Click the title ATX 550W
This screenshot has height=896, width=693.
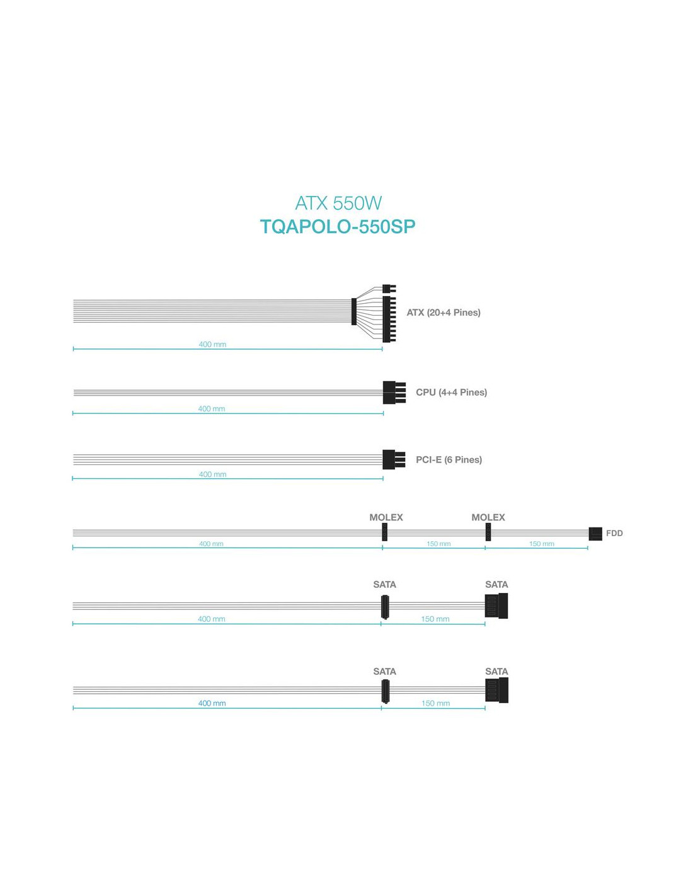(x=338, y=203)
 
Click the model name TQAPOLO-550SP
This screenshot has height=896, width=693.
(x=338, y=226)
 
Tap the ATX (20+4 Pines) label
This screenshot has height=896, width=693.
(x=444, y=313)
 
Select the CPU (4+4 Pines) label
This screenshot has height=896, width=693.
(x=452, y=392)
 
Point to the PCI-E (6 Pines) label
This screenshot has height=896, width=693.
(x=449, y=460)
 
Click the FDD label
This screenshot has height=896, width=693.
(x=614, y=533)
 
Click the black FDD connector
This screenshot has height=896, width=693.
(x=595, y=534)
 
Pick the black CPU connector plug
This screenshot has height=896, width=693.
(x=394, y=393)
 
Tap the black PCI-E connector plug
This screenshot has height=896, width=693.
(x=394, y=460)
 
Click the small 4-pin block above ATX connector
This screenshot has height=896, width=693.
(x=389, y=289)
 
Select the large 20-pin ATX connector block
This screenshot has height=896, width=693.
(x=389, y=319)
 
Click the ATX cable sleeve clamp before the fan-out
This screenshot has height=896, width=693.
(x=353, y=311)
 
